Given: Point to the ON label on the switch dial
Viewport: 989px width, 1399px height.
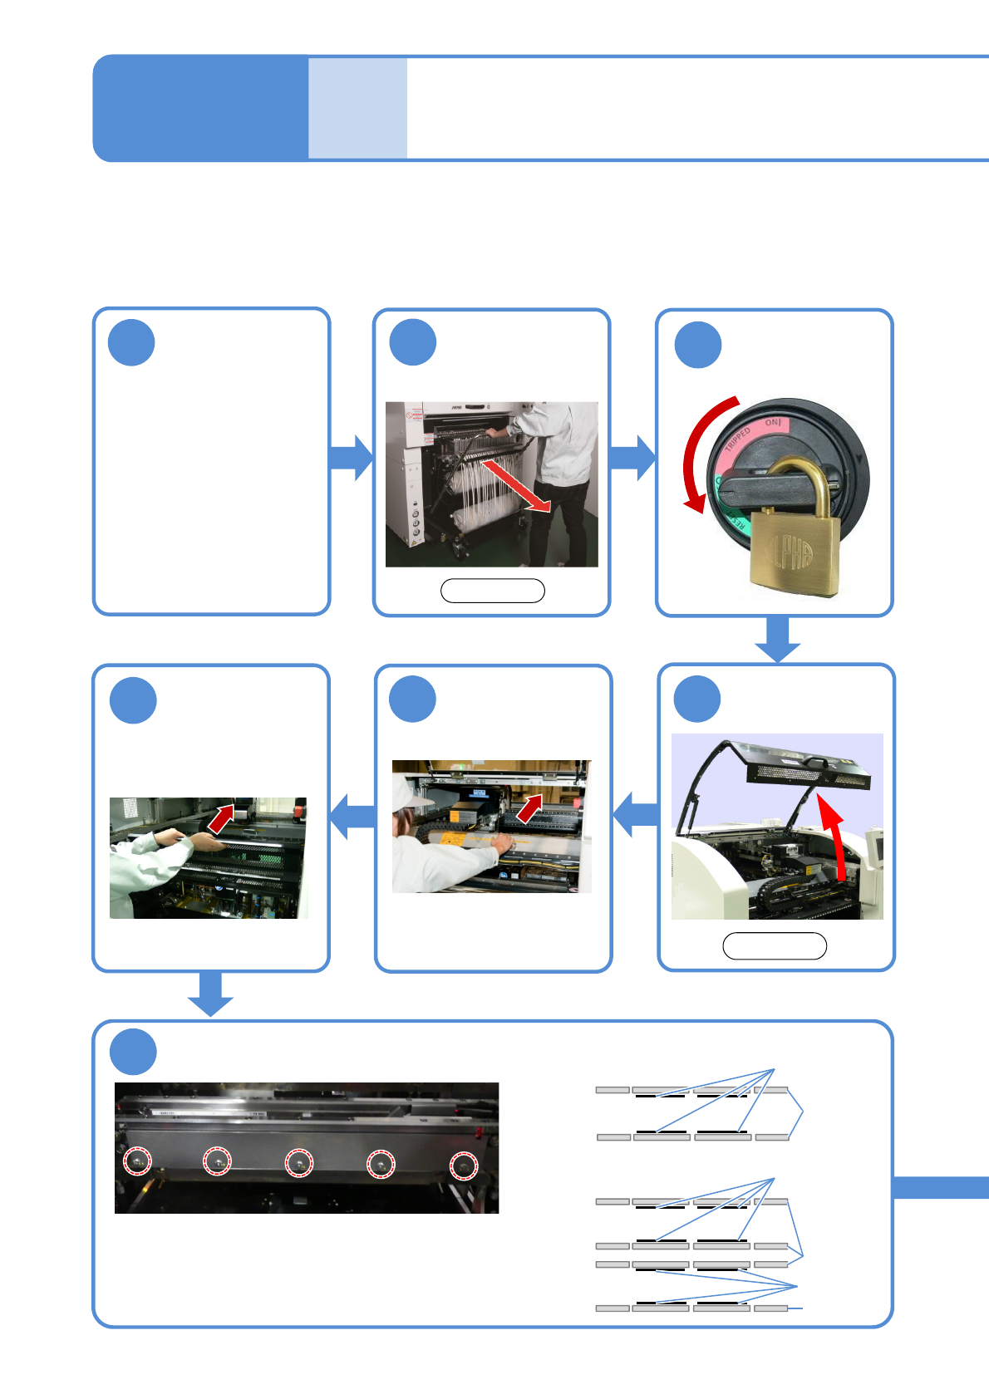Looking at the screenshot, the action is click(x=772, y=423).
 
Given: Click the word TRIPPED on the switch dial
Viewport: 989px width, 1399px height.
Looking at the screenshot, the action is click(x=736, y=438).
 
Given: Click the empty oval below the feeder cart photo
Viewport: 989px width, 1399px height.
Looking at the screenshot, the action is click(x=492, y=591).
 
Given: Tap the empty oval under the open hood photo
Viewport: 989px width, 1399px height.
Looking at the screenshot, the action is click(x=775, y=946).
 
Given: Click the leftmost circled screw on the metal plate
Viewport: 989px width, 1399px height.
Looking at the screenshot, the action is click(x=138, y=1161).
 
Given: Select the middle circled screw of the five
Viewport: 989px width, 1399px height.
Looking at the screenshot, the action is click(x=299, y=1162).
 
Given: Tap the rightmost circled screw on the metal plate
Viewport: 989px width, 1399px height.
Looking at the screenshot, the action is click(x=464, y=1166).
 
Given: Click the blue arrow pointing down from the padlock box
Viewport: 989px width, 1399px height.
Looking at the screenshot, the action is click(x=777, y=639).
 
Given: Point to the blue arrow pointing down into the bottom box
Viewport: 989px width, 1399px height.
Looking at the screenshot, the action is click(x=210, y=993).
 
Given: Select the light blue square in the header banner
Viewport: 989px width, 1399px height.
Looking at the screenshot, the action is click(x=357, y=107).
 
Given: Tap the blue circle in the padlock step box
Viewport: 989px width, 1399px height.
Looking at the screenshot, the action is click(x=698, y=345).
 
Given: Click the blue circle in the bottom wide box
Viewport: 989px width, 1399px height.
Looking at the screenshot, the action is click(x=133, y=1052).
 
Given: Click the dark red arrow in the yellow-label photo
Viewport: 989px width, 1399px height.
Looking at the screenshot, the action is click(x=530, y=807).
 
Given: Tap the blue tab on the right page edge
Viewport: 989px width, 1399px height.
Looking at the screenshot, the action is click(x=941, y=1187).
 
